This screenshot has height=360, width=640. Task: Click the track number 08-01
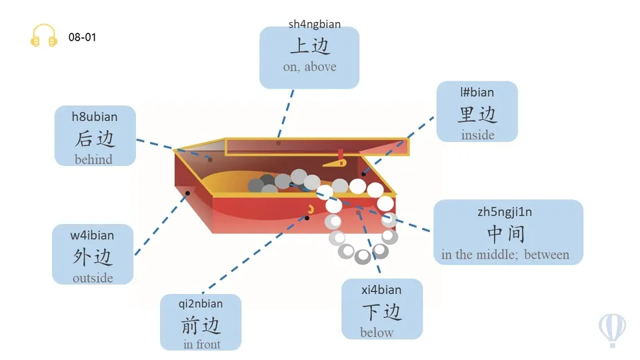pos(83,37)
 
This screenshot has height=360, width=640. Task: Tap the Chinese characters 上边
pos(310,46)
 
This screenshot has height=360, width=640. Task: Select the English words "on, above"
pos(309,67)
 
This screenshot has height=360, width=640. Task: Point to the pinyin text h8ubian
pos(95,117)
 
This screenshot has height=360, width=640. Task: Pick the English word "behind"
pos(93,159)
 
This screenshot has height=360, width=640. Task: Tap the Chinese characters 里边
pos(477,114)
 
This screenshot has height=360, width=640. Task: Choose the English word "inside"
pos(477,135)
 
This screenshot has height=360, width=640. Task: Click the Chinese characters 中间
pos(505,233)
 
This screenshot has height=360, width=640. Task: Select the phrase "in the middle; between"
pos(505,255)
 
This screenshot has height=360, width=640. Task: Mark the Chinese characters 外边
pos(93,257)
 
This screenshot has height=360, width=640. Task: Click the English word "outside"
pos(93,278)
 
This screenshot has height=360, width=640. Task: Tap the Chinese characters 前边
pos(201,325)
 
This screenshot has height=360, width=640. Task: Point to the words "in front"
pos(201,345)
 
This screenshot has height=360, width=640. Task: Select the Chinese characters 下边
pos(382,311)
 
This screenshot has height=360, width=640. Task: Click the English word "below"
pos(377,333)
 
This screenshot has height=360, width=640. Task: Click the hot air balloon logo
pos(611,329)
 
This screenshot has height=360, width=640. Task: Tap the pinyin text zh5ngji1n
pos(505,212)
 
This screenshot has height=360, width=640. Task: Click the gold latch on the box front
pos(311,211)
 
